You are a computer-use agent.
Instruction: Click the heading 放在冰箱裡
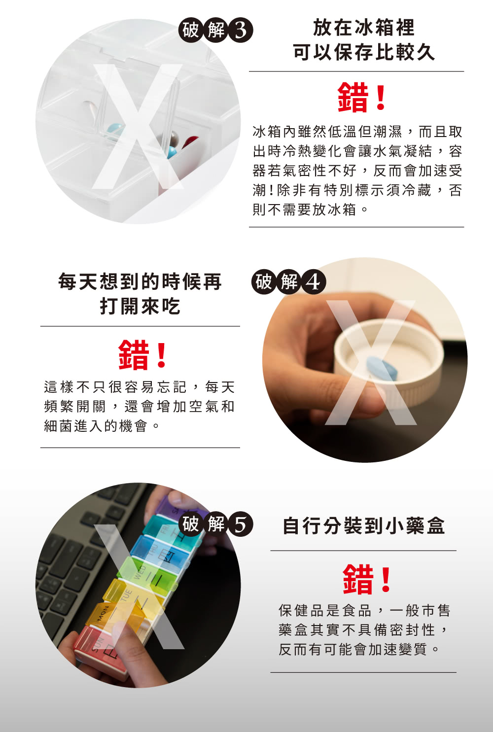[x=363, y=28]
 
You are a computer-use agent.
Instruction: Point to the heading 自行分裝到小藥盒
[x=363, y=526]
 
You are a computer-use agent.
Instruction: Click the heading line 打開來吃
[x=140, y=306]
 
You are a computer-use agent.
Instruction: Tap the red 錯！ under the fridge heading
[x=362, y=97]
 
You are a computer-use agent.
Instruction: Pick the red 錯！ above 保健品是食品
[x=367, y=579]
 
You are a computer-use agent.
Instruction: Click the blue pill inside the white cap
[x=382, y=368]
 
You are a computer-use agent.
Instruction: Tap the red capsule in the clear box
[x=190, y=142]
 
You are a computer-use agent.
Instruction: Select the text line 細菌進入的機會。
[x=102, y=426]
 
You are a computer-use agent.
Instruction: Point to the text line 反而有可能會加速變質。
[x=358, y=649]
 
